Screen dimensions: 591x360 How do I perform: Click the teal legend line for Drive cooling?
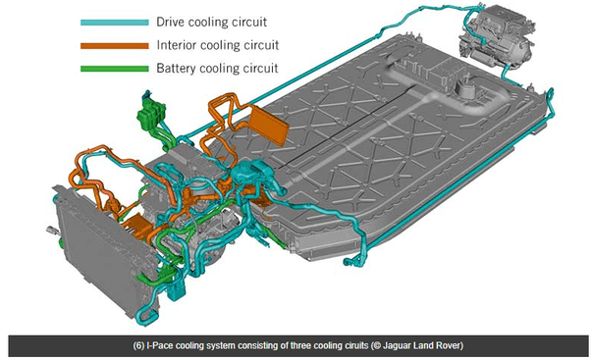coord(115,23)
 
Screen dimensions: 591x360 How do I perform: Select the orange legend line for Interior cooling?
coord(115,45)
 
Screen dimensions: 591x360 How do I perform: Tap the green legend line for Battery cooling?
coord(115,69)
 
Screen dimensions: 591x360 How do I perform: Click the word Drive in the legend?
coord(171,22)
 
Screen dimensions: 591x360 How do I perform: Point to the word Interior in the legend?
coord(177,45)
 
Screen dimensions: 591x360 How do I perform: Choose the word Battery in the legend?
coord(176,68)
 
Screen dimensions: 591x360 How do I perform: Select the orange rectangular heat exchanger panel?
coord(269,125)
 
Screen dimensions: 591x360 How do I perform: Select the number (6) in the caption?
coord(138,345)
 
